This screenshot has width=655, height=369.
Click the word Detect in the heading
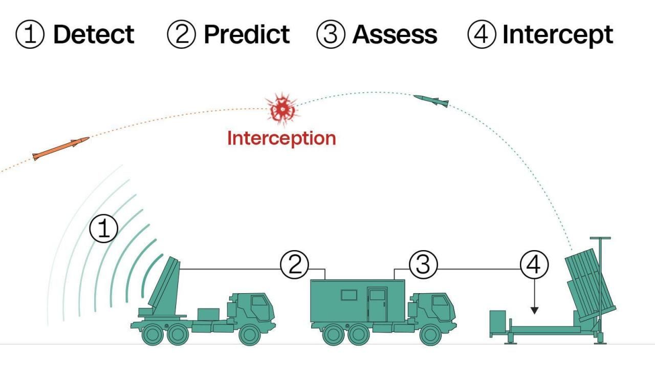pos(94,34)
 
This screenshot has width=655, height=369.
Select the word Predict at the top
pos(247,34)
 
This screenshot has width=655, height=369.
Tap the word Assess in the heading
pos(395,34)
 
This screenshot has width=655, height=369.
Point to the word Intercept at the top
pos(557,34)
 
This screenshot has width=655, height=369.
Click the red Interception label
pos(281,138)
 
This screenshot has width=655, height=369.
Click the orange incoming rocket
pos(60,148)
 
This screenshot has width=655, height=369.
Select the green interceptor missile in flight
pos(431,100)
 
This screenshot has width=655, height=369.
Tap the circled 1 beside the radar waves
pos(104,229)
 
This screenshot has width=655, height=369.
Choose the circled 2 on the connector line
pos(295,264)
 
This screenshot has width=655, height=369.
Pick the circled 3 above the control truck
pos(423,264)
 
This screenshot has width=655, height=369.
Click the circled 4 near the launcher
pos(534,264)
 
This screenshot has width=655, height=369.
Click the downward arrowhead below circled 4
pos(534,310)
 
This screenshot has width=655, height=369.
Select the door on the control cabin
pos(378,304)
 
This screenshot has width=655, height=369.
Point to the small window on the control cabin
pos(349,295)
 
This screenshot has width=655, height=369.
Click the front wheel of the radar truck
pos(250,335)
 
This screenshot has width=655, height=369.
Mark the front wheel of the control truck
pos(430,335)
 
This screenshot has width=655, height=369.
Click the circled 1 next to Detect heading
pos(30,35)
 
